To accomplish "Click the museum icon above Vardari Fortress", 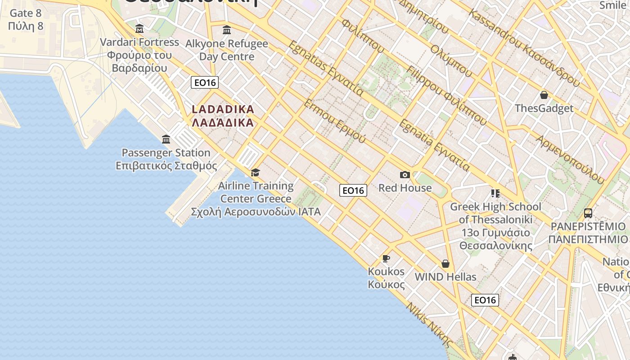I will (x=139, y=29).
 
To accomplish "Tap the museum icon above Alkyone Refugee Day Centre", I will (x=227, y=30).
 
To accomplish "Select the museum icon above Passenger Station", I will (x=166, y=139).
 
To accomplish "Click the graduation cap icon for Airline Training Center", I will (x=256, y=172).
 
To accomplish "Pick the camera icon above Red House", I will (x=405, y=175).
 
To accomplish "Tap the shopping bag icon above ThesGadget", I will (x=544, y=95).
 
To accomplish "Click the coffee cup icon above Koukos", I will (x=386, y=258).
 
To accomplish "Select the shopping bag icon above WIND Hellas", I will (x=445, y=264).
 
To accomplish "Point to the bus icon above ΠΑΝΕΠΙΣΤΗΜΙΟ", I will (x=588, y=213).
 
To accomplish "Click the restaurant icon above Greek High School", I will (x=495, y=193).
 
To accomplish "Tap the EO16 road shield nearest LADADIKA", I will (x=205, y=82).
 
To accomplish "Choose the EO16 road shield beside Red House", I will (x=353, y=190).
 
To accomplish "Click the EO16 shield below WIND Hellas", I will (x=485, y=300).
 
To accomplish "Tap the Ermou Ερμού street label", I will (x=335, y=121).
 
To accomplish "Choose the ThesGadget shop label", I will (x=544, y=108).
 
